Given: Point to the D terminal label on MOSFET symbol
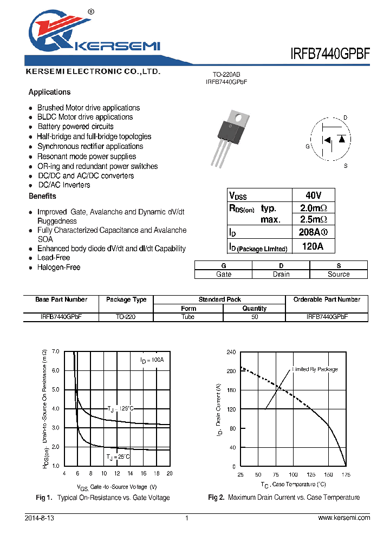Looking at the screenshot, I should pyautogui.click(x=345, y=118).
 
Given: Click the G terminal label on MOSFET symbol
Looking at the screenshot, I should pyautogui.click(x=308, y=146).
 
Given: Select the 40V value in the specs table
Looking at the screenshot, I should pyautogui.click(x=313, y=195).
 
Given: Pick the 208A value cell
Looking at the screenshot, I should pyautogui.click(x=313, y=232).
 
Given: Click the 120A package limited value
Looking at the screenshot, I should pyautogui.click(x=313, y=246).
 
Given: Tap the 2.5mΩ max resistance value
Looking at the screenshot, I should pyautogui.click(x=313, y=219).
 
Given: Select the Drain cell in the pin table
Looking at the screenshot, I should pyautogui.click(x=281, y=274).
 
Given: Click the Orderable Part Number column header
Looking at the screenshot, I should pyautogui.click(x=327, y=299).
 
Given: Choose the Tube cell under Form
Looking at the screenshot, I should pyautogui.click(x=188, y=317).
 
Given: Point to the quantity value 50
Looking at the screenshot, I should pyautogui.click(x=255, y=317).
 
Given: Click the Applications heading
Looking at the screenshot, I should pyautogui.click(x=49, y=92).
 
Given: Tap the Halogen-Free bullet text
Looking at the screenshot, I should pyautogui.click(x=58, y=268).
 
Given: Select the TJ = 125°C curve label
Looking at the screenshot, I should pyautogui.click(x=120, y=408).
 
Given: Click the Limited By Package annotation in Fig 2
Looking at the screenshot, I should pyautogui.click(x=315, y=369).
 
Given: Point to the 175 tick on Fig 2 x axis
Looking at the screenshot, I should pyautogui.click(x=346, y=474).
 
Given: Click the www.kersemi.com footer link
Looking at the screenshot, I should pyautogui.click(x=344, y=518).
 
